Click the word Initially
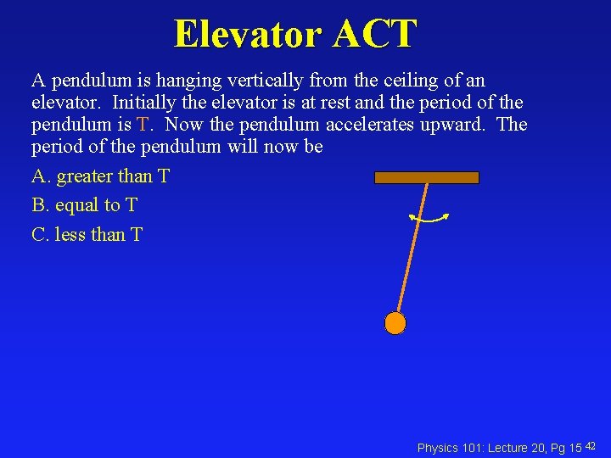click(146, 103)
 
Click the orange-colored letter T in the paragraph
click(143, 125)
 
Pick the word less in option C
click(69, 234)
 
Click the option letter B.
click(38, 205)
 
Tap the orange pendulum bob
click(395, 323)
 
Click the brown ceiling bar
click(427, 177)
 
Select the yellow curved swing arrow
click(429, 220)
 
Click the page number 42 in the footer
click(591, 446)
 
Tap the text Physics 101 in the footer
click(449, 448)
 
